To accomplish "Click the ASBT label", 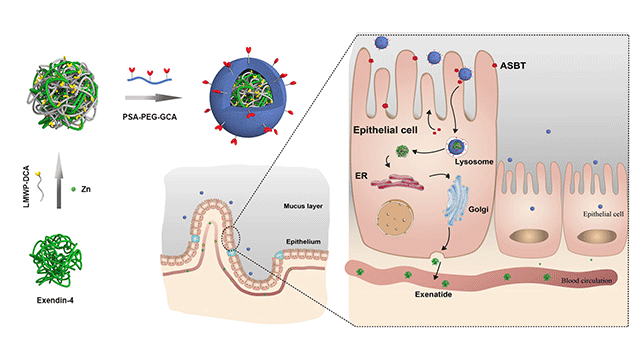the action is tap(513, 65).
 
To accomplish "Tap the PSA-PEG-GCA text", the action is tap(150, 117).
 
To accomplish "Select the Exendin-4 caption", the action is tap(55, 300).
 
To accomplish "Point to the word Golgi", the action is tap(478, 209).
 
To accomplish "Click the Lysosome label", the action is tap(474, 162).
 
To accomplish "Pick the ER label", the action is tap(362, 176).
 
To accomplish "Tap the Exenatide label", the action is tap(433, 294).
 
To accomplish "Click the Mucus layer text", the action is tap(303, 206).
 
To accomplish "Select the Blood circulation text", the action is tap(587, 280).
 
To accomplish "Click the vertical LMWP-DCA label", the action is tap(27, 187).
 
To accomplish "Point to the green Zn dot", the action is tap(73, 189).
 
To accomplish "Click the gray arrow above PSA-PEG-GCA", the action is tap(153, 98).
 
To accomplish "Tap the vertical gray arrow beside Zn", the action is tap(59, 180).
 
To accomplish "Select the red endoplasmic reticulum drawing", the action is tap(397, 182).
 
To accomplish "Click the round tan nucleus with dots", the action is tap(396, 218).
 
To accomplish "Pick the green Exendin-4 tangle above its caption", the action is tap(56, 260).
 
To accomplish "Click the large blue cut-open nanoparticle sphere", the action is tap(248, 98).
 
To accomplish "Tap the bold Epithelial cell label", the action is tap(385, 130).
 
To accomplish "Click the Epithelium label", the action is tap(303, 242).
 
